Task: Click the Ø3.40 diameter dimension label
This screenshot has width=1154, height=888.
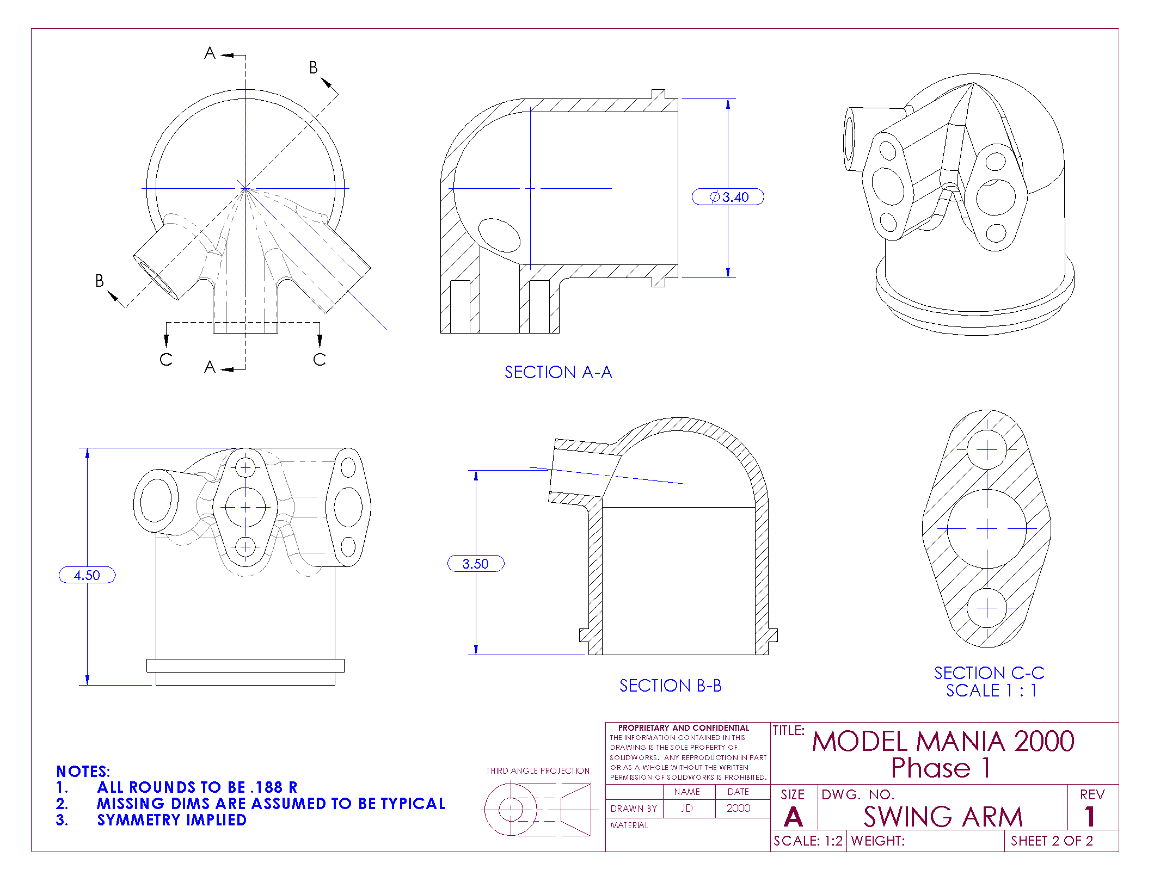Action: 728,197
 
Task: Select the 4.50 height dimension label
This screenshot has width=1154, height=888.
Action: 87,575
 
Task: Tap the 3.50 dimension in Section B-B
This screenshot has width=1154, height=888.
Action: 475,564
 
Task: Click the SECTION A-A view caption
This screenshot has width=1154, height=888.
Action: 558,372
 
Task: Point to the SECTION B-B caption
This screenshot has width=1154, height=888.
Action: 670,686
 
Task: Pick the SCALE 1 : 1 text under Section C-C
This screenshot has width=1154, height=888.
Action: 991,690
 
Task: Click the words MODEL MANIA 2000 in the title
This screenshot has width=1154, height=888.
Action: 943,741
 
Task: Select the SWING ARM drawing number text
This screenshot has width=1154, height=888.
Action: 943,817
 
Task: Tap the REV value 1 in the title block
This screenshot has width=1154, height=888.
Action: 1090,817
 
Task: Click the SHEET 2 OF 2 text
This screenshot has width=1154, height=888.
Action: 1051,841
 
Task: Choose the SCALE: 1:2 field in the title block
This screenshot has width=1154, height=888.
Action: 808,841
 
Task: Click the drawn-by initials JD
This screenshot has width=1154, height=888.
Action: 687,809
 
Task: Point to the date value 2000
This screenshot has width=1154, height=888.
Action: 738,809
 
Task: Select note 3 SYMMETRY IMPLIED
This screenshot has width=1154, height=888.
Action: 171,820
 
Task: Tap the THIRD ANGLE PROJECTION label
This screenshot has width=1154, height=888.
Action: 538,771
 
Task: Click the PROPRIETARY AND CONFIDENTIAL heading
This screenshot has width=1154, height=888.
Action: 684,728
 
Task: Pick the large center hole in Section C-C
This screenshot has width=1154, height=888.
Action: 986,528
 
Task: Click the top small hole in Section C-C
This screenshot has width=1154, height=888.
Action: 986,450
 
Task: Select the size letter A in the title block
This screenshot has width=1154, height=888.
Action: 793,817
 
